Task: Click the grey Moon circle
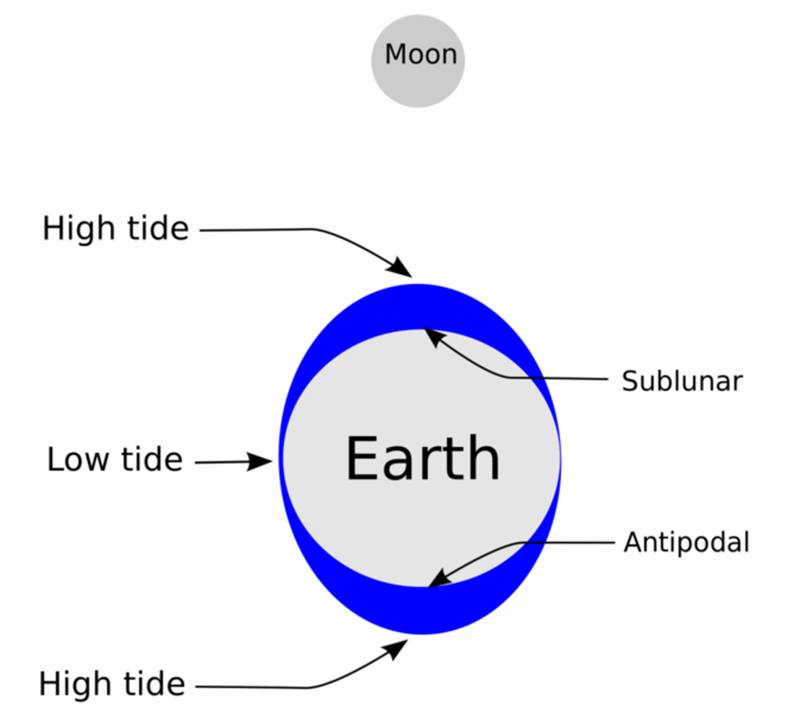pyautogui.click(x=418, y=61)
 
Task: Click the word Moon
pyautogui.click(x=421, y=54)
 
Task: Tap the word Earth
pyautogui.click(x=423, y=458)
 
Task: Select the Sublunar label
pyautogui.click(x=682, y=381)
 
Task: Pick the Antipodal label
pyautogui.click(x=686, y=542)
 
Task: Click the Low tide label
pyautogui.click(x=114, y=459)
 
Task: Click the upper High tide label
pyautogui.click(x=116, y=229)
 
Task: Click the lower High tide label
pyautogui.click(x=112, y=684)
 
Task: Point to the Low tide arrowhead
pyautogui.click(x=260, y=461)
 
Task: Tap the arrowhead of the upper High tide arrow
pyautogui.click(x=401, y=268)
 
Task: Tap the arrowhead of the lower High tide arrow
pyautogui.click(x=397, y=649)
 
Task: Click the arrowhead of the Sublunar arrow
pyautogui.click(x=433, y=337)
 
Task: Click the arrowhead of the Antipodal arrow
pyautogui.click(x=439, y=579)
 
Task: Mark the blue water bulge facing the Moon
pyautogui.click(x=419, y=306)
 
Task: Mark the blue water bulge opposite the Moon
pyautogui.click(x=421, y=611)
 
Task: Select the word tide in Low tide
pyautogui.click(x=151, y=459)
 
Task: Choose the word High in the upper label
pyautogui.click(x=79, y=229)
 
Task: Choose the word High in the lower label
pyautogui.click(x=75, y=684)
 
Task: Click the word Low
pyautogui.click(x=78, y=460)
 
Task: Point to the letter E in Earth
pyautogui.click(x=361, y=458)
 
